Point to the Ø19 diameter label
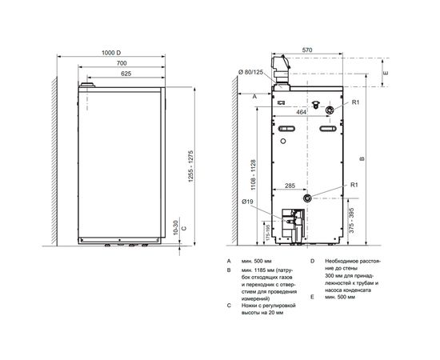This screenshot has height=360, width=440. pyautogui.click(x=250, y=202)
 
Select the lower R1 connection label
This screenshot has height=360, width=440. pyautogui.click(x=357, y=186)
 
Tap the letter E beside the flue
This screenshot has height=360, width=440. pyautogui.click(x=386, y=72)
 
